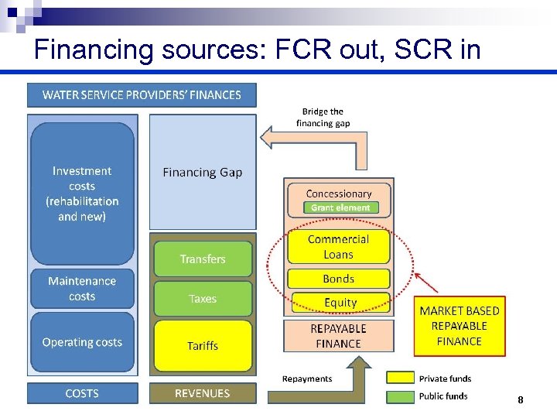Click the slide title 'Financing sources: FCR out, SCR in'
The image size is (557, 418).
[x=258, y=50]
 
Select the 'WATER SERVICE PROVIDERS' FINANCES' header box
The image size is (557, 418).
[x=142, y=95]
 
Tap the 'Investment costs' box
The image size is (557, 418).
[x=82, y=194]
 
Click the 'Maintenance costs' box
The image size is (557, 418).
[x=82, y=289]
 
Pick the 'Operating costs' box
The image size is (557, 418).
[x=82, y=342]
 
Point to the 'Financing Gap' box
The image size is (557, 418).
[x=203, y=173]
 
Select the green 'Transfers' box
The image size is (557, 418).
[x=203, y=259]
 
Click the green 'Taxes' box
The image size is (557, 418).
[x=203, y=299]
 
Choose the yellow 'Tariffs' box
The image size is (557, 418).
[x=203, y=346]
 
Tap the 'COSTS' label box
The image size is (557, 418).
[x=82, y=393]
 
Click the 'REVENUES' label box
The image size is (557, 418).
[x=203, y=393]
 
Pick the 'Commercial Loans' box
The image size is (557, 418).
[x=339, y=247]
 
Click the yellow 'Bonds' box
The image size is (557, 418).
[x=339, y=279]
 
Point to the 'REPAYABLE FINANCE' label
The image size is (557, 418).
[x=339, y=336]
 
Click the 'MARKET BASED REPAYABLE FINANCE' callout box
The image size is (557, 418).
[x=460, y=326]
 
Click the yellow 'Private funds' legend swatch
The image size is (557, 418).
[x=399, y=378]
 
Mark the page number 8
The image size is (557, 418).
[x=521, y=400]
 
